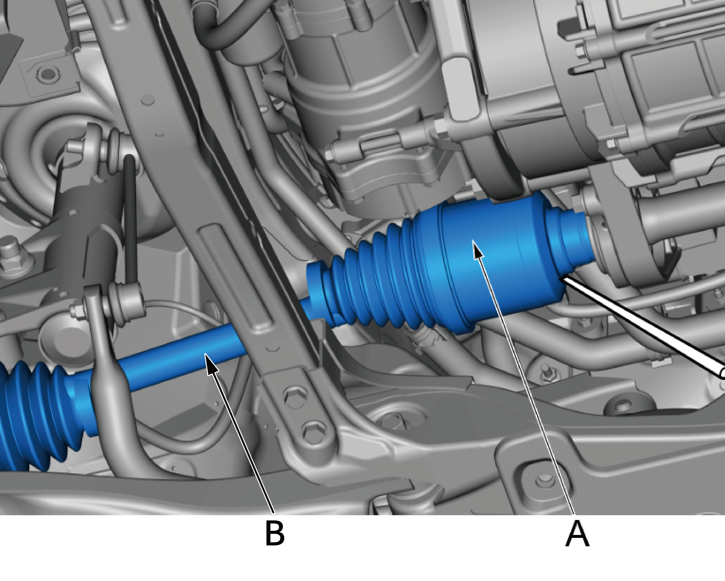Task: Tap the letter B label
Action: (275, 533)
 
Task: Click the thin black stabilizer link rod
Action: (130, 218)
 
